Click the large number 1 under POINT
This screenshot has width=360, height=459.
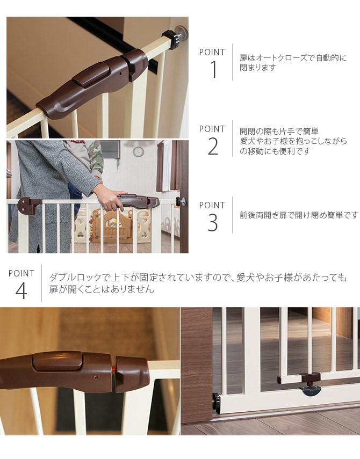[x=213, y=70]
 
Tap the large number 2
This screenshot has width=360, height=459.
[x=213, y=146]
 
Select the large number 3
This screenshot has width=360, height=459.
[x=213, y=223]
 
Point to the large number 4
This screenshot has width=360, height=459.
[x=21, y=291]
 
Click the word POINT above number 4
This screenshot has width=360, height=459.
[x=21, y=273]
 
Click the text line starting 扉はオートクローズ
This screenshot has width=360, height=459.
[x=293, y=58]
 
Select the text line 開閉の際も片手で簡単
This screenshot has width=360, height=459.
[x=279, y=132]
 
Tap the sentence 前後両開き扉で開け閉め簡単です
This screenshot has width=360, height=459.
[x=299, y=215]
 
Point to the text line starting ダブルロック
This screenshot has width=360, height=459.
[x=198, y=278]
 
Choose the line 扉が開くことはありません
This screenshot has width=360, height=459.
[x=102, y=290]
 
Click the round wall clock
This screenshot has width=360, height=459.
[x=138, y=152]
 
